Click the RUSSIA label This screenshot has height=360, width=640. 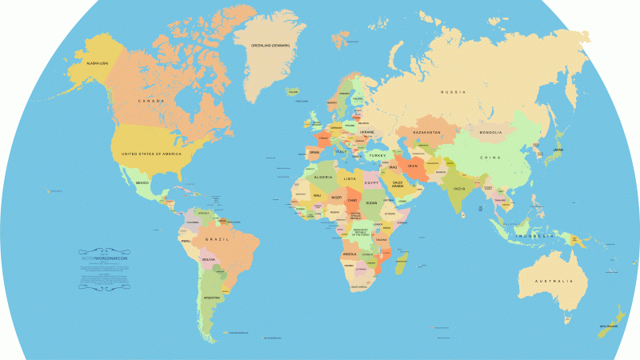(x=453, y=93)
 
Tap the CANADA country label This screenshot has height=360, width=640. (x=151, y=101)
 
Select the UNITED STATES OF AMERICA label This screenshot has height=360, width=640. (x=151, y=153)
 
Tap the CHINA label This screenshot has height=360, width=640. (x=490, y=158)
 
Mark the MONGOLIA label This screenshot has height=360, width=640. (x=490, y=132)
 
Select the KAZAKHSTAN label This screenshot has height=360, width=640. (x=427, y=132)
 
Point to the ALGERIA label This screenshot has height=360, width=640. (x=323, y=177)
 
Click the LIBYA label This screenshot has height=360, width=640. (x=350, y=179)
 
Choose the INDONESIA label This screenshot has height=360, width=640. (x=534, y=236)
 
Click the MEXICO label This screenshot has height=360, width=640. (x=142, y=183)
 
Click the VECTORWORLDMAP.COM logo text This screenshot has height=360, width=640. (x=105, y=258)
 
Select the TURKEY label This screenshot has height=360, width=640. (x=378, y=154)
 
